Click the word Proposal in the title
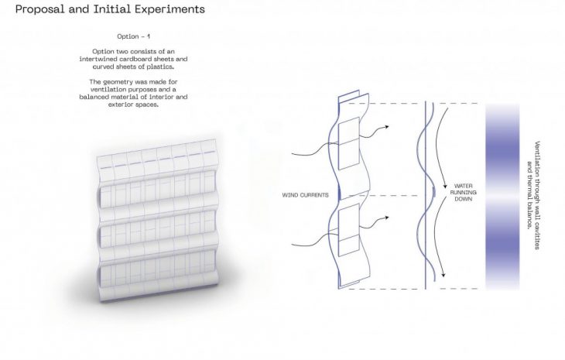(39, 11)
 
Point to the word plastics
(161, 67)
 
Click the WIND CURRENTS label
(305, 195)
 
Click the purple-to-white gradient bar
(505, 197)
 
